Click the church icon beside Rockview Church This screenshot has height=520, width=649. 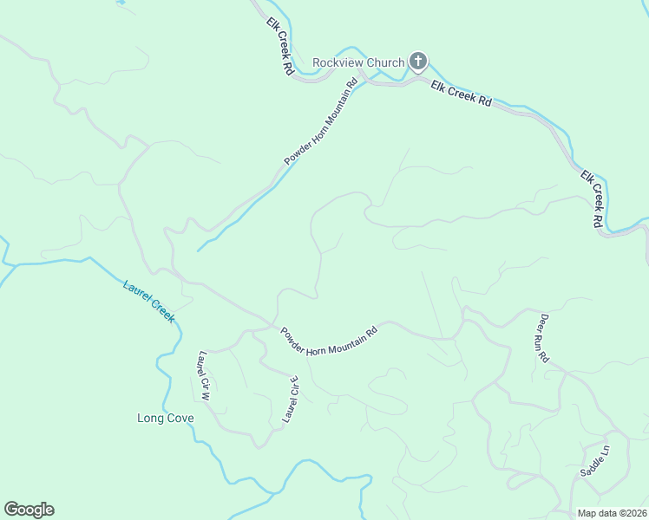coord(418,61)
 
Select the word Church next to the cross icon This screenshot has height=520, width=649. coord(384,62)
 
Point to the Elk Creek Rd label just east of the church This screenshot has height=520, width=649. coord(461,94)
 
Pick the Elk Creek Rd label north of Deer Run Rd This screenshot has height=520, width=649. coord(593,198)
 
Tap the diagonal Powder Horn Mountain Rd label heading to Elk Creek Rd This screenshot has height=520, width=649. coord(321,122)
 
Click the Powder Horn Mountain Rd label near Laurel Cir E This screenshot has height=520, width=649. coord(329,342)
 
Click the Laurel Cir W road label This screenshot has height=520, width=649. coord(205,375)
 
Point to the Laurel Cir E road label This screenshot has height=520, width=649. coord(290,400)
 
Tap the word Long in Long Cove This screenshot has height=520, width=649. coord(150,418)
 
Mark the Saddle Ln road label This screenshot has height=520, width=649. coord(595,461)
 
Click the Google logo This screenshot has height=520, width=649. coord(29,510)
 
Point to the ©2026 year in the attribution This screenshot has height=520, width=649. coord(633,513)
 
